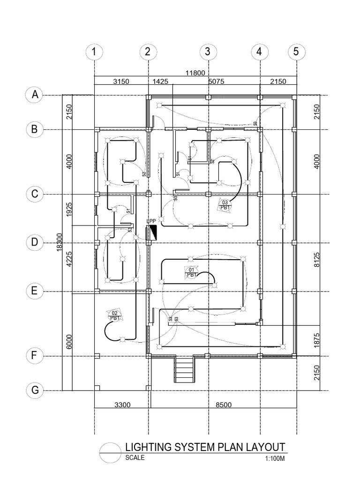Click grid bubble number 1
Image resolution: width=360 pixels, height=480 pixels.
94,52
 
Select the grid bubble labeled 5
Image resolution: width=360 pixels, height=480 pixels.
296,52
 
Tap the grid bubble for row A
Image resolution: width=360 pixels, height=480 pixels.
34,95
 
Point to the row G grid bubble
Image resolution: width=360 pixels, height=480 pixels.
34,390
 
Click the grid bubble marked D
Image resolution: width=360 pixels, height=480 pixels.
34,242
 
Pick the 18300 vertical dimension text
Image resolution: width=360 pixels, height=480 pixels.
60,242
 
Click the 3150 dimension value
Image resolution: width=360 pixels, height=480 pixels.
121,81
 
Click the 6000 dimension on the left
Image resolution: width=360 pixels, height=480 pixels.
69,341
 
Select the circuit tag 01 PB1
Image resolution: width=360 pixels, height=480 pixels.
191,272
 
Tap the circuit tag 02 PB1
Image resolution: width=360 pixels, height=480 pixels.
114,315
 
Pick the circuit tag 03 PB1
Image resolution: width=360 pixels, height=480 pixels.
225,204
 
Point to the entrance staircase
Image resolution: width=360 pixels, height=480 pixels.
184,369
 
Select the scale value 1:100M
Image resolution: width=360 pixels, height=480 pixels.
275,458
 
